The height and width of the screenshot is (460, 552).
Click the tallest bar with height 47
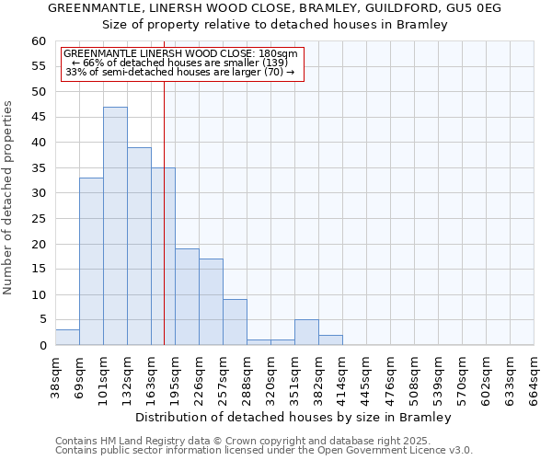[x=115, y=226]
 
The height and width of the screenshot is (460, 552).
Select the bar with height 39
[x=139, y=247]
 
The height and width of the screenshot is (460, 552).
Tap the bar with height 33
[x=91, y=261]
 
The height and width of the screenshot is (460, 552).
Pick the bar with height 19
[x=187, y=297]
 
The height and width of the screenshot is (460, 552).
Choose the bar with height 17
[x=211, y=302]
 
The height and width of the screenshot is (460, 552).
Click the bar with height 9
[x=235, y=322]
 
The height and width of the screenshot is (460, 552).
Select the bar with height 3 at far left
[x=67, y=338]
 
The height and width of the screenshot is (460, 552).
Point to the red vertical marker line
[x=164, y=212]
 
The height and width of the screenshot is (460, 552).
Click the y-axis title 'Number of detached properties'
[x=9, y=198]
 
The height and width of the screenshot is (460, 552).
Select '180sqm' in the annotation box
[x=279, y=54]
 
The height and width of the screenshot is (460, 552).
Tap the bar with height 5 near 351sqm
[x=306, y=333]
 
